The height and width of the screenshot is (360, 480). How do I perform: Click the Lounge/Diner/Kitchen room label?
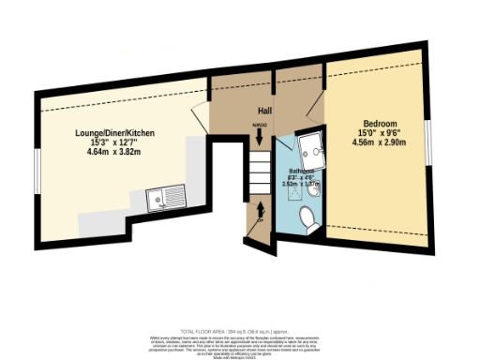[x=115, y=134]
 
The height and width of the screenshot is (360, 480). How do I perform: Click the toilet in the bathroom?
[x=305, y=217]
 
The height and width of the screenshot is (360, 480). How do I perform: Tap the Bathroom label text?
[x=301, y=172]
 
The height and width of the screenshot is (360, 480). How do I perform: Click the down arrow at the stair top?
[x=259, y=137]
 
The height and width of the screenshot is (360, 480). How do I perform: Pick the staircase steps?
[x=259, y=172]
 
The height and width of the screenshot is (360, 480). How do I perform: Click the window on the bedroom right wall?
[x=428, y=141]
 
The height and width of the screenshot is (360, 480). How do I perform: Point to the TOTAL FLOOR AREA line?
[x=240, y=330]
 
